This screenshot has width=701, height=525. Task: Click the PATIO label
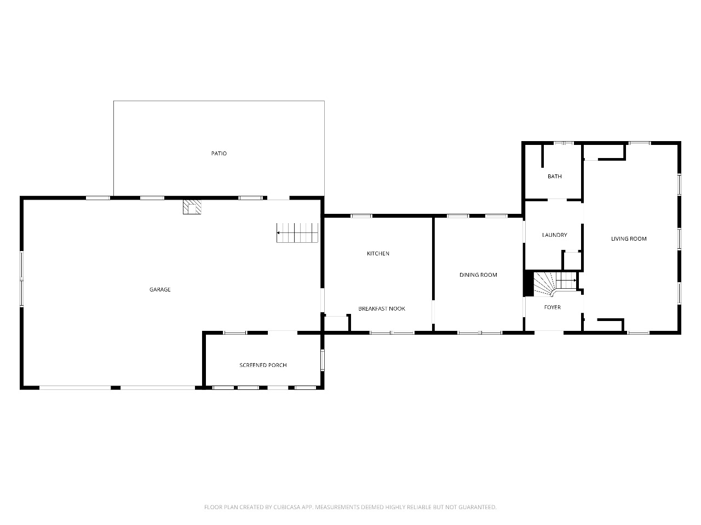pyautogui.click(x=219, y=154)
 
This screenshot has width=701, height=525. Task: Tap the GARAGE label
pyautogui.click(x=160, y=290)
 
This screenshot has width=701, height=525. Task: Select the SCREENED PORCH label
pyautogui.click(x=263, y=365)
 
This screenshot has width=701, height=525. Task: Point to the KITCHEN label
pyautogui.click(x=378, y=254)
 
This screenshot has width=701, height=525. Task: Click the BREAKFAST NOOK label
pyautogui.click(x=382, y=309)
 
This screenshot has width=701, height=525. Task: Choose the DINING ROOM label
pyautogui.click(x=478, y=275)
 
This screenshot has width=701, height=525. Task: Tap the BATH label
pyautogui.click(x=555, y=177)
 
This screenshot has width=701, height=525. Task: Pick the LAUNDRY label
pyautogui.click(x=554, y=235)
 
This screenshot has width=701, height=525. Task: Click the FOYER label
pyautogui.click(x=552, y=307)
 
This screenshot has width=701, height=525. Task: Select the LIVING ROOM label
pyautogui.click(x=629, y=239)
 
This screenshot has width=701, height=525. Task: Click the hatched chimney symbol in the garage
pyautogui.click(x=192, y=207)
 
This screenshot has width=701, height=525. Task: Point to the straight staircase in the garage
pyautogui.click(x=297, y=233)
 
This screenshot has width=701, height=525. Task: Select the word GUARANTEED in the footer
pyautogui.click(x=478, y=507)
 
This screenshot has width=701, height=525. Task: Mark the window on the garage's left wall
pyautogui.click(x=22, y=279)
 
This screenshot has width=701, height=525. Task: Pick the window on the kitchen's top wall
pyautogui.click(x=361, y=216)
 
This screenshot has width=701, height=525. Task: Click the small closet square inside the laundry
pyautogui.click(x=572, y=260)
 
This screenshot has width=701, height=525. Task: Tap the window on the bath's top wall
pyautogui.click(x=563, y=143)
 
